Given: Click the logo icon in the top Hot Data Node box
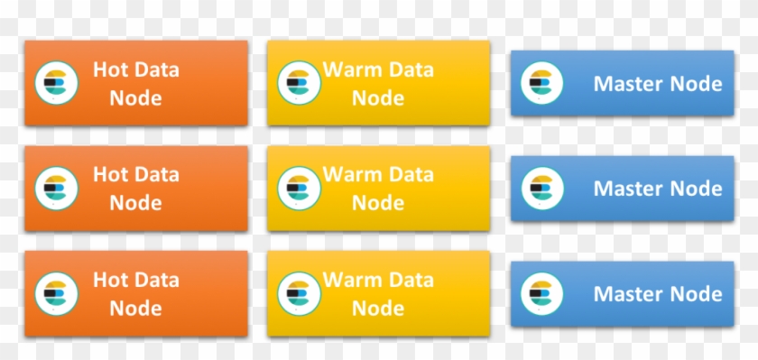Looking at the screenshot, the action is click(x=57, y=83).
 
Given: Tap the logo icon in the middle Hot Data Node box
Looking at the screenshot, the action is click(x=57, y=189).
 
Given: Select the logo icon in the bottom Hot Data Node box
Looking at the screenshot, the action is click(x=57, y=294).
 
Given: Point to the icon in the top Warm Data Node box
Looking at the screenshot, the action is click(x=299, y=83).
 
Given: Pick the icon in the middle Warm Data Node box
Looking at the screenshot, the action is click(x=299, y=189).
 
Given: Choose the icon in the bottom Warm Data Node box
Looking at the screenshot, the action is click(x=299, y=294).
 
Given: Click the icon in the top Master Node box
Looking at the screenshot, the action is click(x=542, y=83).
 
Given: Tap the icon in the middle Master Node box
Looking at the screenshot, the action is click(x=542, y=189).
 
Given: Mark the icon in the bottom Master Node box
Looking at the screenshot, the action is click(x=542, y=294).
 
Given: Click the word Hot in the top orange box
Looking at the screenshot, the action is click(x=110, y=70).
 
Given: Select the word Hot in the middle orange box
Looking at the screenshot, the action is click(x=110, y=175).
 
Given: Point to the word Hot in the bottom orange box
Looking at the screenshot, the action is click(x=110, y=281).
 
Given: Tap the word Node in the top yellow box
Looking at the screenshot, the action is click(x=378, y=97).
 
